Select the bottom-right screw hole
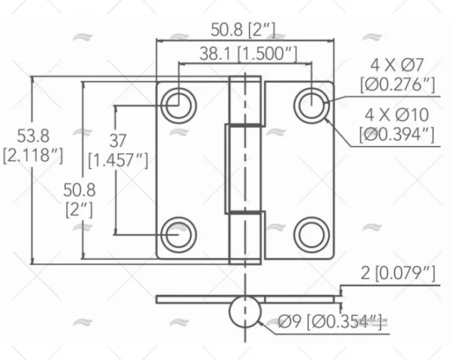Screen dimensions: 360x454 click(x=310, y=234)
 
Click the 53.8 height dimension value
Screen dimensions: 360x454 click(x=33, y=136)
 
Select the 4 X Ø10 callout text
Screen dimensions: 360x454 click(x=396, y=115)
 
